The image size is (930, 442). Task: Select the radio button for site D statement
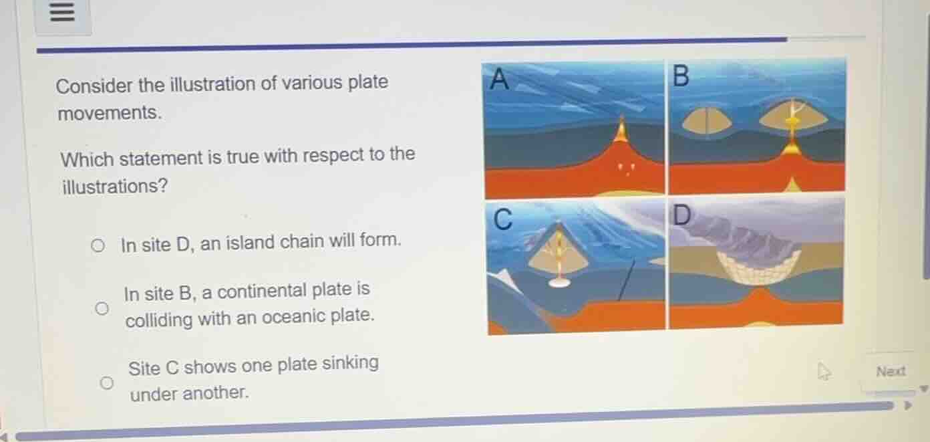(x=98, y=246)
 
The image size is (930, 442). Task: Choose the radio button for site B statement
(x=101, y=308)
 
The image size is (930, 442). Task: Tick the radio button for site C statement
(x=106, y=383)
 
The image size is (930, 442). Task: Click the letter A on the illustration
(x=499, y=80)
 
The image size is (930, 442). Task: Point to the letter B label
(x=680, y=76)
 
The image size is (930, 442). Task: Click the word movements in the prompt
(x=109, y=113)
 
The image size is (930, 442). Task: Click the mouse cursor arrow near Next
(x=824, y=372)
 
